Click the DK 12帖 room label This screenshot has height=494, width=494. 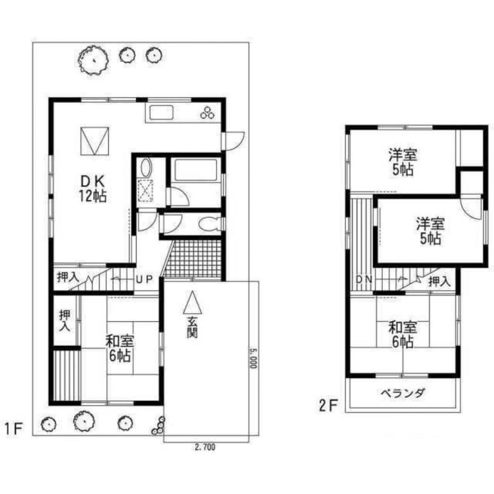pyautogui.click(x=93, y=188)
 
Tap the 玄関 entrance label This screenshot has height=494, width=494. pyautogui.click(x=192, y=327)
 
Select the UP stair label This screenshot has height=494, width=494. pyautogui.click(x=144, y=279)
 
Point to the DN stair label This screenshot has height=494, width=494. pyautogui.click(x=364, y=280)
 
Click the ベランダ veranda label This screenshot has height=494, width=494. pyautogui.click(x=403, y=393)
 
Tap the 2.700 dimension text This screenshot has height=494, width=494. pyautogui.click(x=205, y=447)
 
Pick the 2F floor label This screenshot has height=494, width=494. pyautogui.click(x=328, y=406)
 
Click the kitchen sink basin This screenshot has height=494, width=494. pyautogui.click(x=162, y=113)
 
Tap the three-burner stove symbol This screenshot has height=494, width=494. pyautogui.click(x=207, y=113)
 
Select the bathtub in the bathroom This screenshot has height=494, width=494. pyautogui.click(x=196, y=170)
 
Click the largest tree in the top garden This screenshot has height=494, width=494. pyautogui.click(x=93, y=60)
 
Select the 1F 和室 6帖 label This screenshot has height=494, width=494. pyautogui.click(x=120, y=349)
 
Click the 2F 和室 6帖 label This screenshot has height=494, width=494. pyautogui.click(x=403, y=334)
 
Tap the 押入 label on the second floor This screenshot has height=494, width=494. pyautogui.click(x=440, y=282)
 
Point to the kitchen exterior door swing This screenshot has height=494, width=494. pyautogui.click(x=235, y=141)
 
